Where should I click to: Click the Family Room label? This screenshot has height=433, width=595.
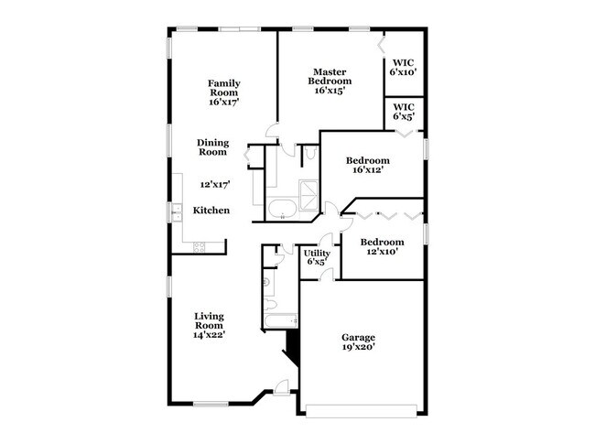[223, 93]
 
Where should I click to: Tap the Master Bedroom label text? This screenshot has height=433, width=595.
[328, 81]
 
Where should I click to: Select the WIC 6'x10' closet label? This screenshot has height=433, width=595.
[403, 67]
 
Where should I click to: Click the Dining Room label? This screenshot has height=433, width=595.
[213, 147]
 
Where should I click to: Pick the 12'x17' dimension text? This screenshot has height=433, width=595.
[214, 184]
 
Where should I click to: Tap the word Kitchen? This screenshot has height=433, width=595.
[211, 211]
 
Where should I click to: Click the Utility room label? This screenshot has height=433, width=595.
[317, 257]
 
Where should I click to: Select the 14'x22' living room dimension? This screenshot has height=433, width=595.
[209, 335]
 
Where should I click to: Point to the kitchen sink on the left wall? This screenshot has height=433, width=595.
[175, 212]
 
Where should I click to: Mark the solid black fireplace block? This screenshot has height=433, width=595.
[293, 349]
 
